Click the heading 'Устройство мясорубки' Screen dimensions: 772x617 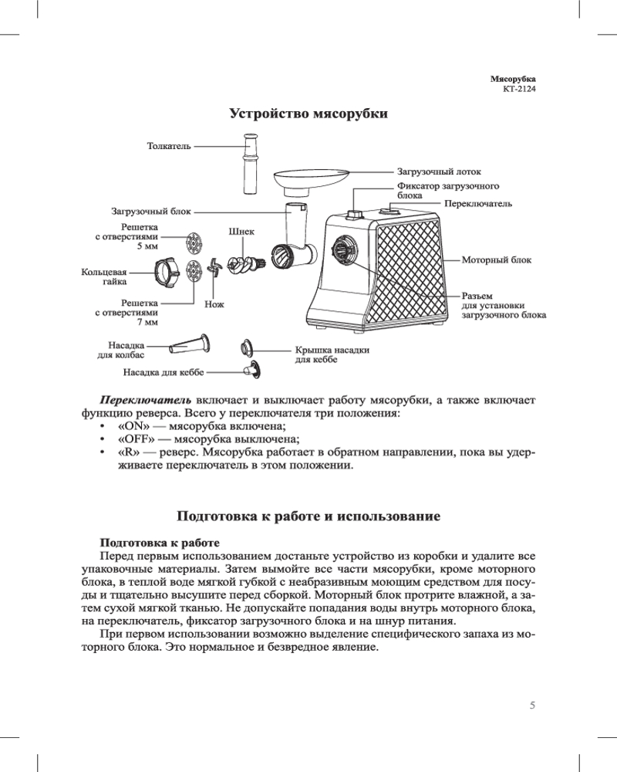click(308, 113)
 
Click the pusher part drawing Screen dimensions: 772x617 click(250, 164)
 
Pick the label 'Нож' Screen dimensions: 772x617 click(214, 305)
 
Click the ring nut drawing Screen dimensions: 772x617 click(167, 272)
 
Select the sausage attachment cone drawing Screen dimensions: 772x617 click(189, 342)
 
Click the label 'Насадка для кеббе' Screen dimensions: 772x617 click(164, 372)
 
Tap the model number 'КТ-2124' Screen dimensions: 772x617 click(519, 89)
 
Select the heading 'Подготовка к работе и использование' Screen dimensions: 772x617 click(308, 516)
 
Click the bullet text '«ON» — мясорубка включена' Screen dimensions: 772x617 click(202, 426)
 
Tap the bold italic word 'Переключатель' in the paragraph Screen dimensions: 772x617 click(146, 400)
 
